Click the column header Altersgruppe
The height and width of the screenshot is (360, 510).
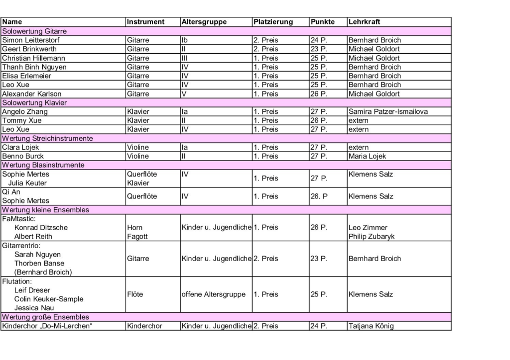tap(204, 22)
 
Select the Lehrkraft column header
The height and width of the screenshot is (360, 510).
tap(365, 22)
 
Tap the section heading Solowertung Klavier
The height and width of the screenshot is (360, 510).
tap(35, 103)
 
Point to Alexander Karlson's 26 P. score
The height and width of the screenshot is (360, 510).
tap(319, 94)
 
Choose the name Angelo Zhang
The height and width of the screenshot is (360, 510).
tap(25, 112)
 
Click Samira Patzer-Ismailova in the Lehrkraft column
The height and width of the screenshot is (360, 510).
tap(388, 112)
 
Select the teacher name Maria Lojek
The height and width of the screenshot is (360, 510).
tap(367, 156)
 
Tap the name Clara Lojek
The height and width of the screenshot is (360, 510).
tap(20, 148)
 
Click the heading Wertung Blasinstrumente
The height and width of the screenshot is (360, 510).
tap(43, 165)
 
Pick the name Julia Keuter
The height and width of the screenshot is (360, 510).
tap(27, 183)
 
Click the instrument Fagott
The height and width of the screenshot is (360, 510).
tap(137, 237)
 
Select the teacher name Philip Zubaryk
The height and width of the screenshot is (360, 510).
tap(372, 237)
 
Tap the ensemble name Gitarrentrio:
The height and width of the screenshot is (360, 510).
tap(21, 246)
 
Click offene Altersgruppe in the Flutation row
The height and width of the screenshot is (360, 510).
tap(214, 294)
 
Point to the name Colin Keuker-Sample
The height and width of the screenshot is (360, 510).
tap(49, 299)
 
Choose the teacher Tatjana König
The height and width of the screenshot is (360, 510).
tap(371, 326)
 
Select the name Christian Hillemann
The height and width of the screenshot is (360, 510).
tap(34, 58)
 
